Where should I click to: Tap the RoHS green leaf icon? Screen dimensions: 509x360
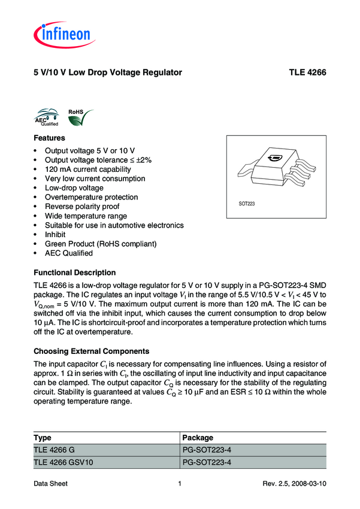77,119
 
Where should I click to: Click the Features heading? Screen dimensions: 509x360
49,138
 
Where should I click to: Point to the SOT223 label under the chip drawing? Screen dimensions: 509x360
247,204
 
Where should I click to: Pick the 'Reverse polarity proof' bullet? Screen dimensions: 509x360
82,207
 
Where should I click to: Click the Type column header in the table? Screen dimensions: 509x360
43,438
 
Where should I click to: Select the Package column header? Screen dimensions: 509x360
197,438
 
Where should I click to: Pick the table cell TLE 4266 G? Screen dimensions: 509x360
54,450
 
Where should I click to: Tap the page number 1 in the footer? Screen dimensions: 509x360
180,483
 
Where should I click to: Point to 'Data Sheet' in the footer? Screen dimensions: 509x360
50,483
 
